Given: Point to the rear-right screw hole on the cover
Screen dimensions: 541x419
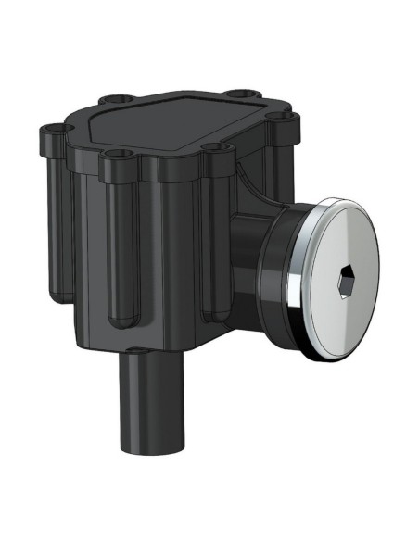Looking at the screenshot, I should click(x=243, y=94).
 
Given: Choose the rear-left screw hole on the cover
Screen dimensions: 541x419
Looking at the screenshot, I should click(x=111, y=97).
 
